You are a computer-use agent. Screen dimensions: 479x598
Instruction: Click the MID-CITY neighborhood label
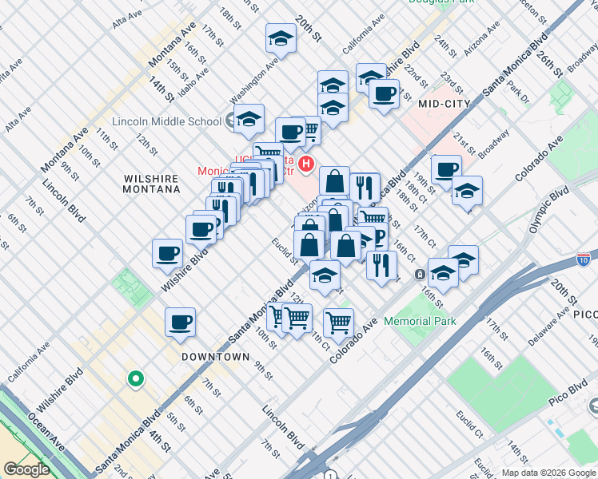pos(440,103)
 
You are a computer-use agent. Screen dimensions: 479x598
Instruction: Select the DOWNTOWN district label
pos(215,357)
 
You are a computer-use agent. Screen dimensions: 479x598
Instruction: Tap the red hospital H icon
pos(304,149)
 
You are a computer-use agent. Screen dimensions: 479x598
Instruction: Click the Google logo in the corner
pos(26,469)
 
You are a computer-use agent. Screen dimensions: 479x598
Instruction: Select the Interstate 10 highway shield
pos(584,259)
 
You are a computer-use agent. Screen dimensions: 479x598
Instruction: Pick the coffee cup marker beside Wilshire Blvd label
pos(168,253)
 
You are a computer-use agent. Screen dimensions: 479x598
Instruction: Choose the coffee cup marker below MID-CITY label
pos(445,168)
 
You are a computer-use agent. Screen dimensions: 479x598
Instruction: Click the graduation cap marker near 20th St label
pos(281,38)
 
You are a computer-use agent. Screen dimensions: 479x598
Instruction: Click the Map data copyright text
pos(548,473)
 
